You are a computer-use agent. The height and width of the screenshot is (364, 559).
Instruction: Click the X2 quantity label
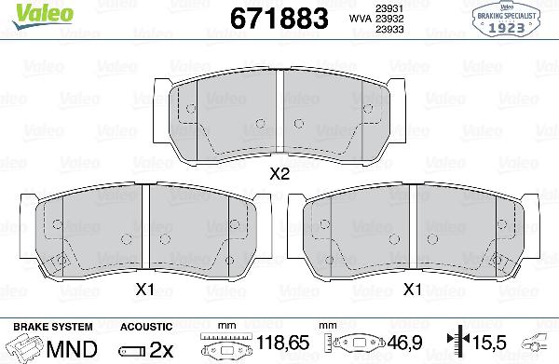279,173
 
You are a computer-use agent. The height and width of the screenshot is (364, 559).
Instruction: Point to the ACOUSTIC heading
146,327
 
